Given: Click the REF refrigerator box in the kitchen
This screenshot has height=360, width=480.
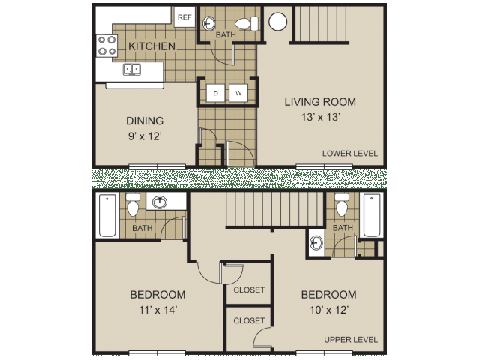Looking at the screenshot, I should [x=183, y=16].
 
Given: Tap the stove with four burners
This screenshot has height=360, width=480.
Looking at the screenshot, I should [x=106, y=46].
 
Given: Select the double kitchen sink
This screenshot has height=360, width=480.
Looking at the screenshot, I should [x=133, y=70].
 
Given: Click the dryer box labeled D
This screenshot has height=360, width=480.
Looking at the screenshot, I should [x=215, y=93].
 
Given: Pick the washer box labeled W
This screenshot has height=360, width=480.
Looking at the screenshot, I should [x=238, y=93].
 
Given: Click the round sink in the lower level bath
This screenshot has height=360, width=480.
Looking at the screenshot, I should [x=209, y=22].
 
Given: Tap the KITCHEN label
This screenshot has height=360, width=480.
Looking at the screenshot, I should [x=151, y=46].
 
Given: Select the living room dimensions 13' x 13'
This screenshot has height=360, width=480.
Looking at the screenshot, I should [x=320, y=117].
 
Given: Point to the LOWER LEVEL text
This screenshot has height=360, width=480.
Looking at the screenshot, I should [x=349, y=154].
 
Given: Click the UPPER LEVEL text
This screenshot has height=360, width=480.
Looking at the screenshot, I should [x=350, y=340].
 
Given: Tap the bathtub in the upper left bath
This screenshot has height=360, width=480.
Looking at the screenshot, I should [x=106, y=215].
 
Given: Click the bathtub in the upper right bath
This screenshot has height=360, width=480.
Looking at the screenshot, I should [x=371, y=214].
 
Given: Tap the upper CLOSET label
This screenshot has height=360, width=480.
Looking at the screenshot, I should [x=249, y=290].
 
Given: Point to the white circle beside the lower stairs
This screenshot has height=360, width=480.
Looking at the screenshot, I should [x=277, y=22].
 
